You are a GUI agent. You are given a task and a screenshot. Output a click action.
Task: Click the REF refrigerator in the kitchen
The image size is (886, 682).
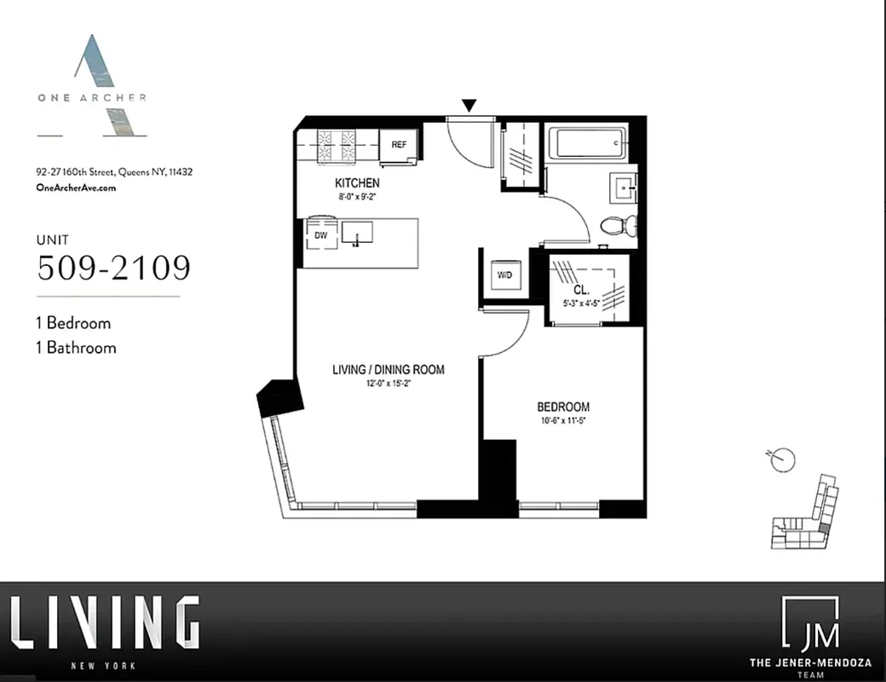(x=399, y=145)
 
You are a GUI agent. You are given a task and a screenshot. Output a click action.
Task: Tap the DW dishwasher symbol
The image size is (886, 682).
(x=321, y=234)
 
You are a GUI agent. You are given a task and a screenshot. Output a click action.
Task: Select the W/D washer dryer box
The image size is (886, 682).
(x=504, y=275)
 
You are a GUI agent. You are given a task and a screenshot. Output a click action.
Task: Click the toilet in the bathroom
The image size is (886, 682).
(x=618, y=226)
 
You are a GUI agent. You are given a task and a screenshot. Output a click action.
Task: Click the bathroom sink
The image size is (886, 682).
(x=623, y=187)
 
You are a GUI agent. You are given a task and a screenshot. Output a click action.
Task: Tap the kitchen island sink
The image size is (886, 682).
(x=358, y=233)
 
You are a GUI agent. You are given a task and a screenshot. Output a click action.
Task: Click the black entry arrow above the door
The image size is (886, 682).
(x=469, y=105)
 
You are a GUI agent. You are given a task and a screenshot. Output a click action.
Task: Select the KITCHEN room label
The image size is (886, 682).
(x=357, y=183)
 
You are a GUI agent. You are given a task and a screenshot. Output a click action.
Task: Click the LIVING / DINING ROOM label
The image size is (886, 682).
(x=388, y=370)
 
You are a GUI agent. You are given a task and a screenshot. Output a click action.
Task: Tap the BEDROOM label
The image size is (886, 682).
(x=562, y=407)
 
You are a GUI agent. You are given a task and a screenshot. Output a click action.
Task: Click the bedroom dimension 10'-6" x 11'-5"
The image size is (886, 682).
(x=562, y=420)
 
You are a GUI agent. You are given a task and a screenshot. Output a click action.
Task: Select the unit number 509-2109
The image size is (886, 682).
(x=113, y=268)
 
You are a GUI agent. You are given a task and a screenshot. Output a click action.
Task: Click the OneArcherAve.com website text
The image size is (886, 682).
(x=76, y=188)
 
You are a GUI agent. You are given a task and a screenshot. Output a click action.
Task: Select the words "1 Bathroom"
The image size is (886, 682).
(x=76, y=348)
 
